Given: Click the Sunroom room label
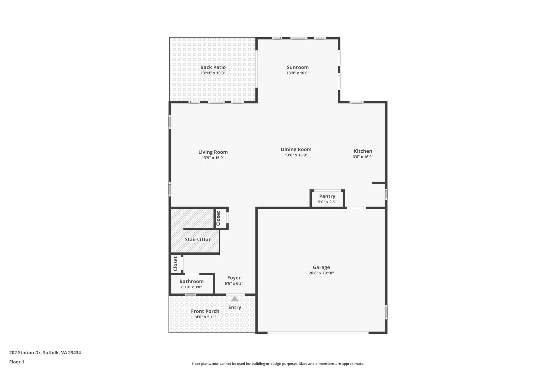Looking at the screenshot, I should (x=298, y=67).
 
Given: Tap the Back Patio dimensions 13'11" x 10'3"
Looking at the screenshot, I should (x=213, y=73).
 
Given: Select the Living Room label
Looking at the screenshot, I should (x=213, y=152).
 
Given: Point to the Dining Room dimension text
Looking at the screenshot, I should (x=296, y=155).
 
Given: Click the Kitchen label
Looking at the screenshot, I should (x=363, y=151).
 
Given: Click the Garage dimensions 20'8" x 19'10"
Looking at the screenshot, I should (x=321, y=273).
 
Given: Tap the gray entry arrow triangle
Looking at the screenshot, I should (x=235, y=299).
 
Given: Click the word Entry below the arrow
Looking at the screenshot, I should (x=235, y=307).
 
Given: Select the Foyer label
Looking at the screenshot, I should (x=234, y=278).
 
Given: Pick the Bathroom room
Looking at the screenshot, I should (x=191, y=284).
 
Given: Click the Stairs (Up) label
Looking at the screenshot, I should (x=197, y=239).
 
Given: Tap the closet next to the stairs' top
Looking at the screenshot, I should (x=220, y=218).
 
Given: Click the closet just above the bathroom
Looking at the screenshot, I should (x=175, y=263).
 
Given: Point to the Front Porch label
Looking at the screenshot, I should (x=205, y=311).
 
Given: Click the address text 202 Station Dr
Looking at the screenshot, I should (x=45, y=353).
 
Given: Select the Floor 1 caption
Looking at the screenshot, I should (x=17, y=362).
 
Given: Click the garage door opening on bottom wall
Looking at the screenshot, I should (x=318, y=332).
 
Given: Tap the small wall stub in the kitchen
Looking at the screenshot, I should (x=378, y=183).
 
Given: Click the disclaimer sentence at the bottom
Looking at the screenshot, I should (x=278, y=364).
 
